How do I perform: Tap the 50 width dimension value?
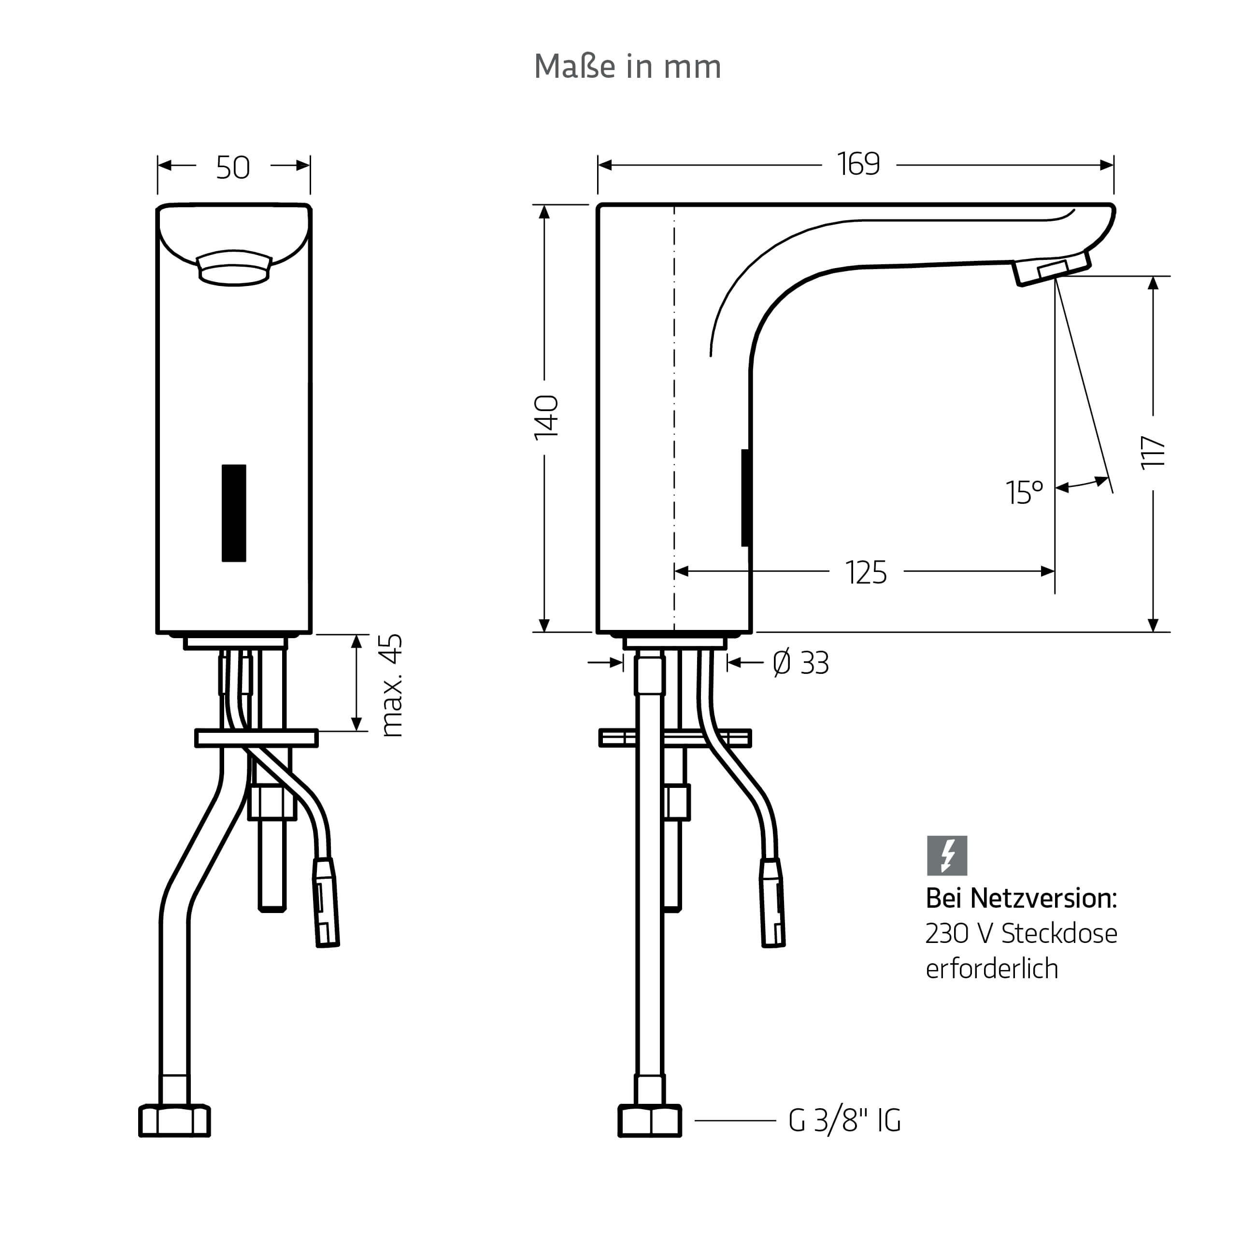tap(233, 167)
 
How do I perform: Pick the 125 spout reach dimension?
tap(867, 573)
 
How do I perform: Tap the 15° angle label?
tap(1025, 492)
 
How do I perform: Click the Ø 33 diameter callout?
tap(801, 663)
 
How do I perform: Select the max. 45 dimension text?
tap(391, 686)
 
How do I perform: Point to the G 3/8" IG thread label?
tap(844, 1121)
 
